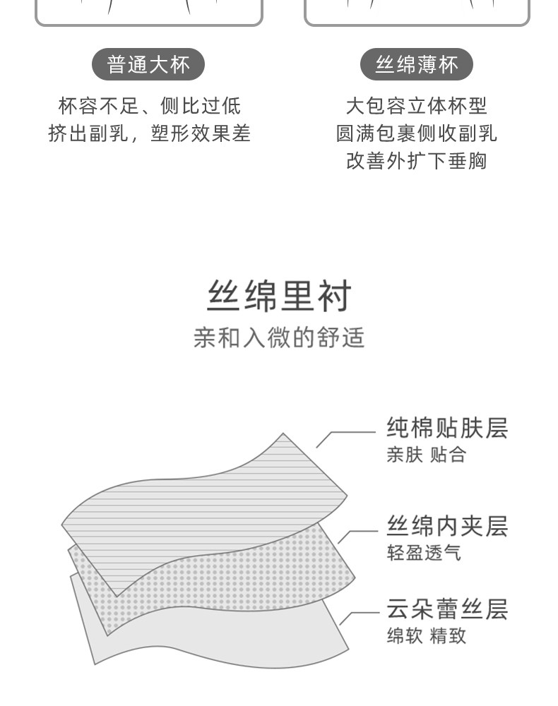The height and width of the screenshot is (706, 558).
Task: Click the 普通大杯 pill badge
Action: [x=148, y=65]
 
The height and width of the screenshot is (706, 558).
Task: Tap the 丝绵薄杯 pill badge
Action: [x=417, y=65]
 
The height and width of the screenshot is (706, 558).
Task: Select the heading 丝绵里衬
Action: [x=279, y=297]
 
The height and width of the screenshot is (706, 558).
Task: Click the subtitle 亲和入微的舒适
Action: [x=279, y=337]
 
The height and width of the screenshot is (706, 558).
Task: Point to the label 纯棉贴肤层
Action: [x=447, y=428]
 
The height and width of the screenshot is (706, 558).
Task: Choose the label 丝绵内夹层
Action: [x=447, y=526]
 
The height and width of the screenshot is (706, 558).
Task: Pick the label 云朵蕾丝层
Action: [x=447, y=609]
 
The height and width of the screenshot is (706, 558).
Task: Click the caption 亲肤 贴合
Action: [x=426, y=455]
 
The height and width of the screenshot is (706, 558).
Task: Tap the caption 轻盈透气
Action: [x=424, y=552]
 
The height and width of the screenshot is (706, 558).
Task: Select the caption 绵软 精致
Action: [x=426, y=635]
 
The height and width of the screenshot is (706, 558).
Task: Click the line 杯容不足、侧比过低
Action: [x=149, y=106]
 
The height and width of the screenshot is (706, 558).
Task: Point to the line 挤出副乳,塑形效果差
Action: [x=149, y=133]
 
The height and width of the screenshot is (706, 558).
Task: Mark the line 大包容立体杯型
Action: [x=417, y=106]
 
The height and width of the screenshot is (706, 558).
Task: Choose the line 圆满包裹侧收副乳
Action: [x=417, y=133]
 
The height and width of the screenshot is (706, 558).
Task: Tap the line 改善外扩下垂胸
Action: [x=417, y=161]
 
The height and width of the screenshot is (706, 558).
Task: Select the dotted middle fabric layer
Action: [x=233, y=579]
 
